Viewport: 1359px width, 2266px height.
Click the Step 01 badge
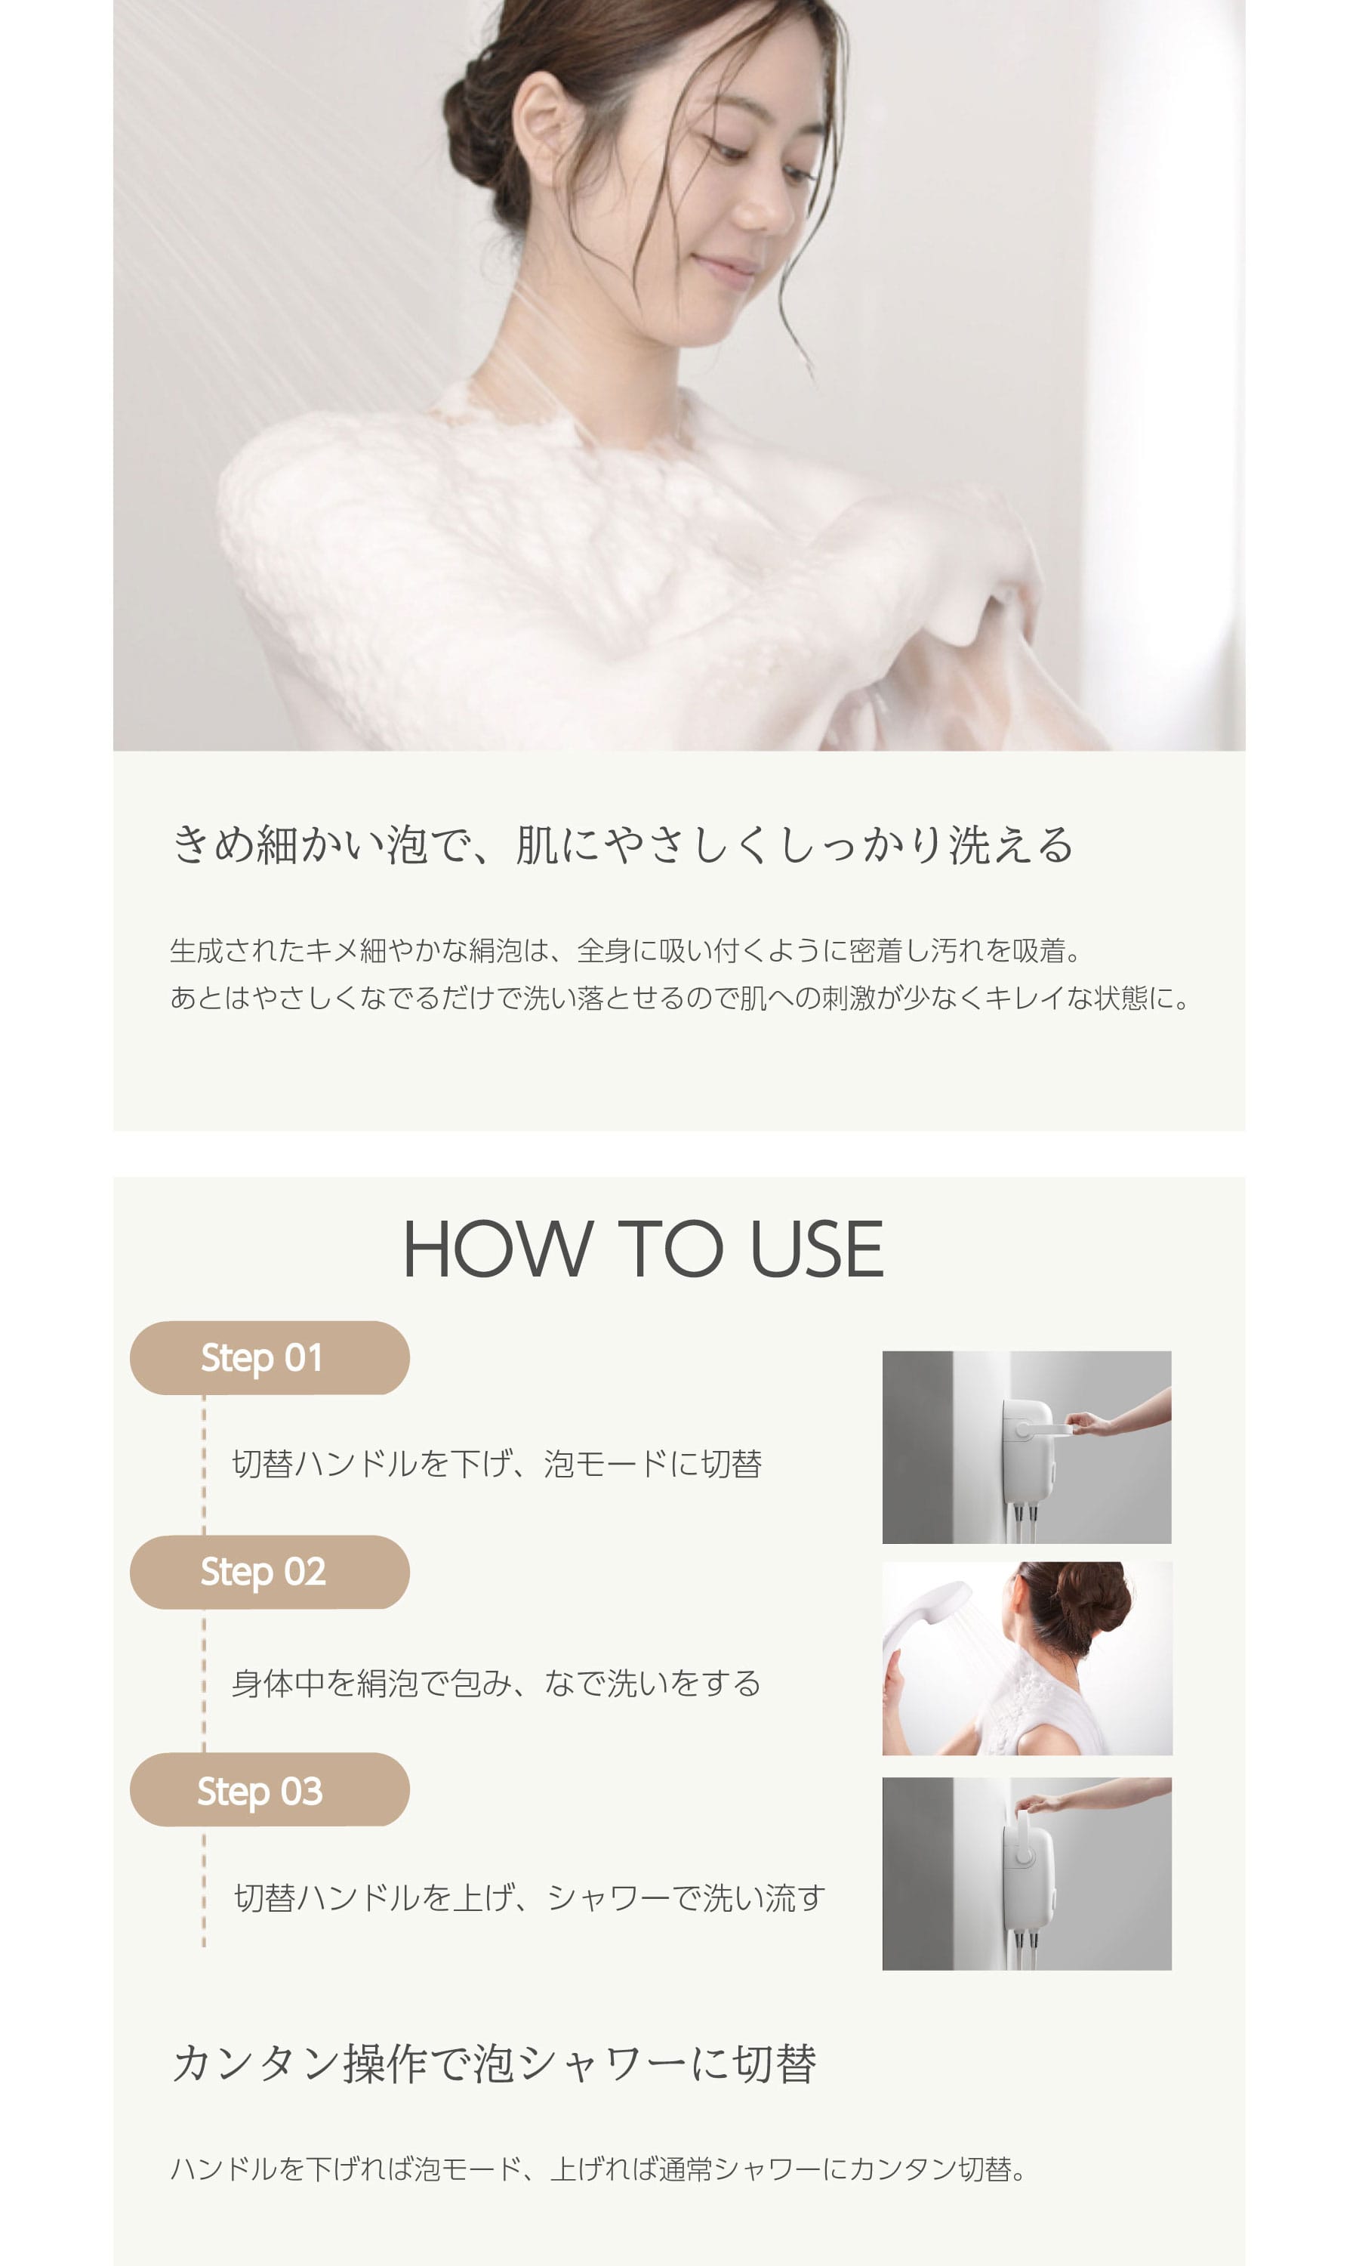point(270,1357)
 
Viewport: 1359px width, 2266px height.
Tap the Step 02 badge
point(270,1572)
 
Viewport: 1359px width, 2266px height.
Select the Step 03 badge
point(270,1789)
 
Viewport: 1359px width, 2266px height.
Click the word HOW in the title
point(498,1249)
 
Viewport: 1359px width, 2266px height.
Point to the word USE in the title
point(817,1249)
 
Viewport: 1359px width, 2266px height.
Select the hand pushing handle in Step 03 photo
point(1040,1802)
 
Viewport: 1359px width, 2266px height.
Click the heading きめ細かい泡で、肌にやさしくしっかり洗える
point(623,844)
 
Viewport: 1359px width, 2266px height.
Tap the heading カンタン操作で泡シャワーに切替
point(495,2063)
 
